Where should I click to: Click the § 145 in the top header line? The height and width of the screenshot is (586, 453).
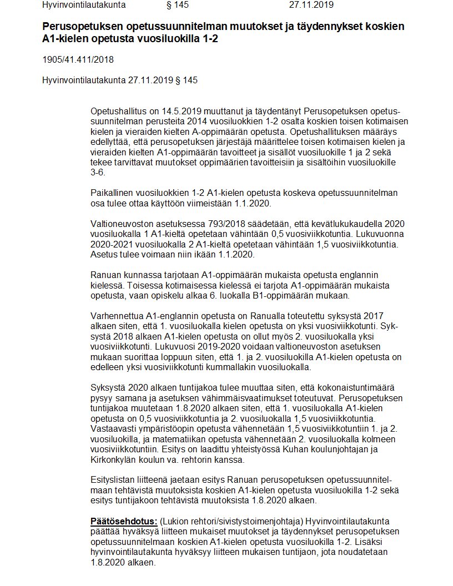[178, 5]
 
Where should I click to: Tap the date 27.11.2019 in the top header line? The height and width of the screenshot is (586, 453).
[311, 5]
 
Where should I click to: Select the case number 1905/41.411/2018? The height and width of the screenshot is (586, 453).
[78, 59]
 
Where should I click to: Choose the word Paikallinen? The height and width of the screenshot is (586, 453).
[114, 193]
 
